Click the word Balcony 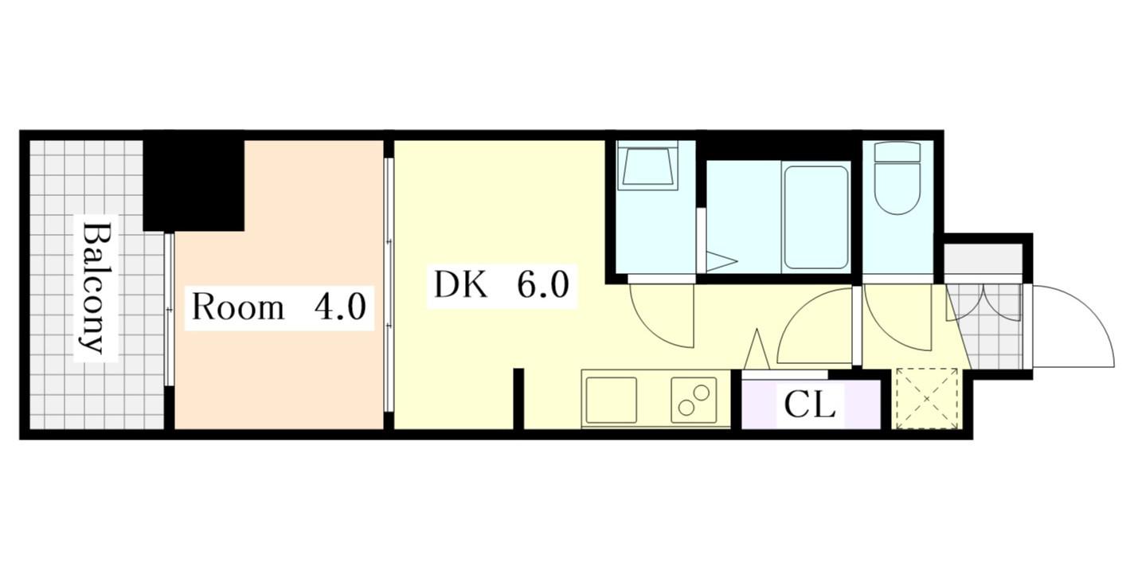(96, 287)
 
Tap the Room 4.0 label (279, 307)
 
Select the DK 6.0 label (502, 285)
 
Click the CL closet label (809, 405)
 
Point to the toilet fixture (897, 178)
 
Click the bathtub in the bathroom (815, 217)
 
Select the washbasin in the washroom (647, 166)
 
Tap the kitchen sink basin (612, 400)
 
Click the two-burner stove (694, 400)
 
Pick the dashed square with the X (926, 399)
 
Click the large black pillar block (194, 182)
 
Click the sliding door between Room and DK (389, 285)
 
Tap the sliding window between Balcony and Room (169, 309)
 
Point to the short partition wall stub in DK (518, 399)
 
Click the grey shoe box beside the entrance (983, 259)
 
